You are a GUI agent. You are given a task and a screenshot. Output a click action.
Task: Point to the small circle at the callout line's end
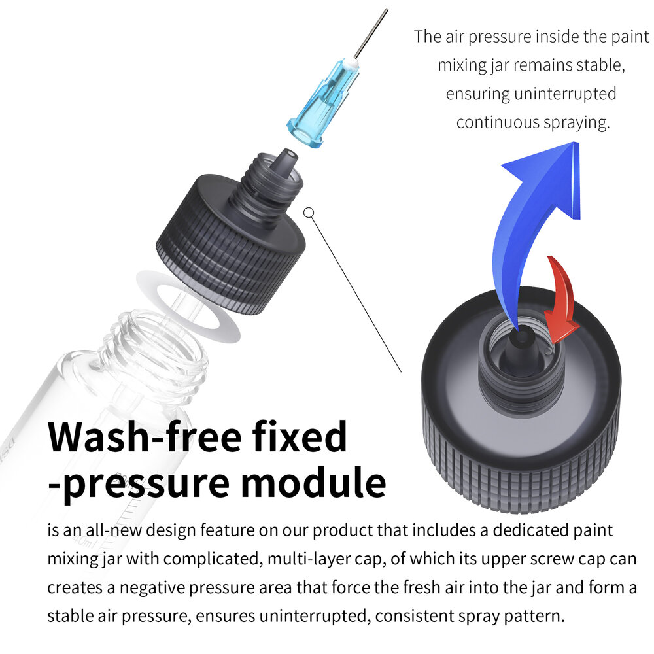click(x=309, y=212)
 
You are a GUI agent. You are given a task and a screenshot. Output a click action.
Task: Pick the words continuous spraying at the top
click(x=532, y=122)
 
